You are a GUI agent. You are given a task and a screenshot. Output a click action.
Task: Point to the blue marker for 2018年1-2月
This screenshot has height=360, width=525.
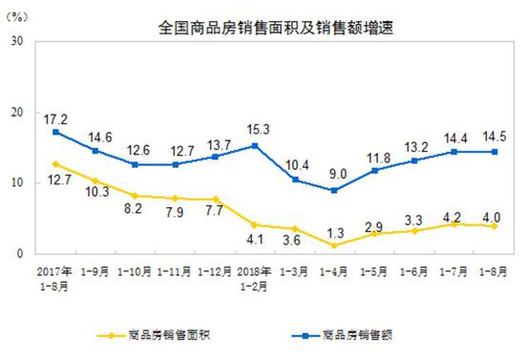(255, 145)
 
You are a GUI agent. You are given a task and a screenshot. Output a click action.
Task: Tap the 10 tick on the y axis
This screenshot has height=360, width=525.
(17, 182)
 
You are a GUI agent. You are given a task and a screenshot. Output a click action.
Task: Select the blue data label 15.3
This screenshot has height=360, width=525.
(255, 129)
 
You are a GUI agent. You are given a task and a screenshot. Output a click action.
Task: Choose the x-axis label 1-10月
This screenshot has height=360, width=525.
(137, 268)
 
